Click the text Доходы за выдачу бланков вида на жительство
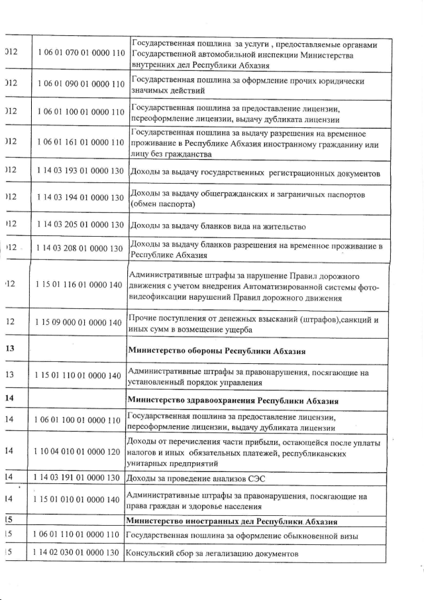pyautogui.click(x=216, y=227)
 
